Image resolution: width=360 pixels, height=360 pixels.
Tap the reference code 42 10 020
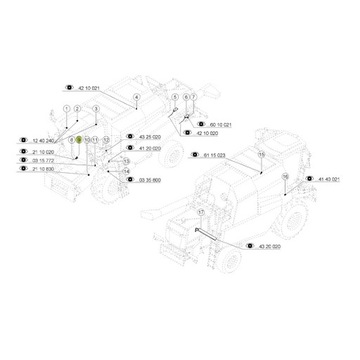tap(207, 133)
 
